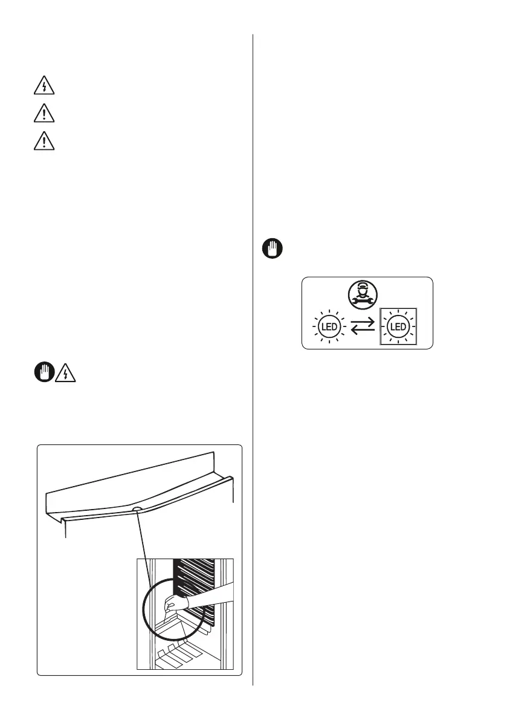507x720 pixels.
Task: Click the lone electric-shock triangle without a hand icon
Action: click(44, 86)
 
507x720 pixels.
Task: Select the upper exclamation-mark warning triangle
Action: click(44, 114)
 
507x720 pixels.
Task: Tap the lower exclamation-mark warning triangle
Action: click(44, 141)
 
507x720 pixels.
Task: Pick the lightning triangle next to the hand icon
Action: click(65, 374)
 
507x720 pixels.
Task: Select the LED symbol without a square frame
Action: click(328, 327)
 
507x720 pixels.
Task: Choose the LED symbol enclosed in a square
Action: click(398, 327)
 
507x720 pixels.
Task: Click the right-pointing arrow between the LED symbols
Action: click(363, 323)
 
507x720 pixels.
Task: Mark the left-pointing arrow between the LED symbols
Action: click(363, 331)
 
